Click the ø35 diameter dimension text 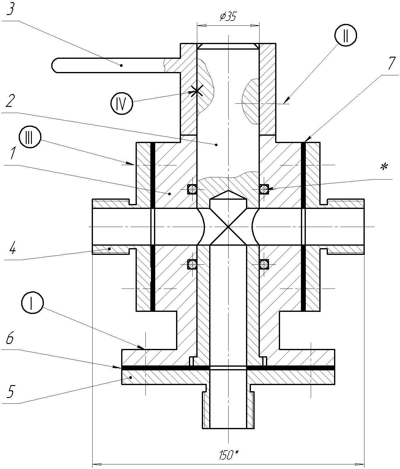228,17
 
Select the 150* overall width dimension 229,455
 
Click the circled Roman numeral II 346,36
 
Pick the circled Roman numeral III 30,139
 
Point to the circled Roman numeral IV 122,104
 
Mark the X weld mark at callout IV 196,90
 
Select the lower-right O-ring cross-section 263,264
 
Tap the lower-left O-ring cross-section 192,264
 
